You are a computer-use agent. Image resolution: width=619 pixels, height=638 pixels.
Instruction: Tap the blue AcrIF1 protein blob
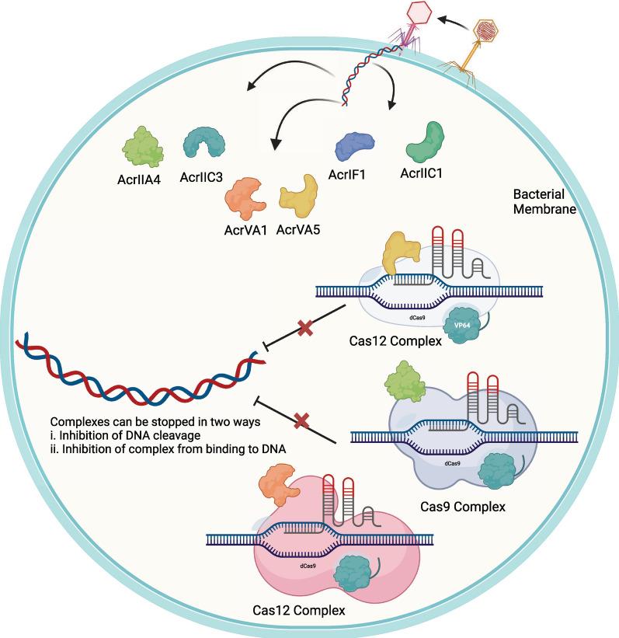pyautogui.click(x=355, y=145)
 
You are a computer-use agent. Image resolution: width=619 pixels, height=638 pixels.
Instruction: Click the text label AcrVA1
pyautogui.click(x=245, y=230)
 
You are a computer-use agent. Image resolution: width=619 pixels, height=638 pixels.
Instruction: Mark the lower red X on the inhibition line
pyautogui.click(x=303, y=420)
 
